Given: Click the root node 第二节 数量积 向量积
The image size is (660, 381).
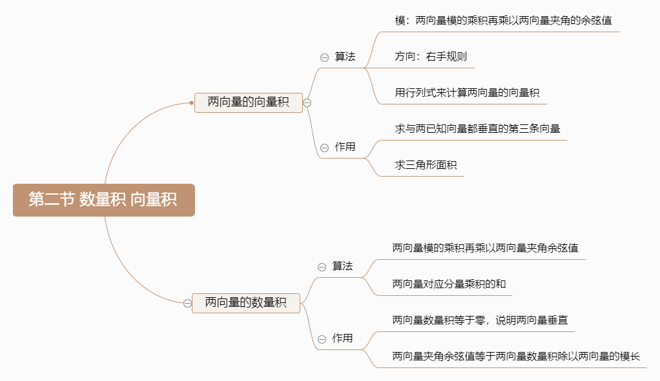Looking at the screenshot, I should [x=103, y=200].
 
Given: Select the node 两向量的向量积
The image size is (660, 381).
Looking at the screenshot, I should [x=249, y=102].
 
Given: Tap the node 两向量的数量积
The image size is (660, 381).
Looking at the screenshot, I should [x=246, y=302].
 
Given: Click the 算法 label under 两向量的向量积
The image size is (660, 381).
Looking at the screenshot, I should [x=345, y=57].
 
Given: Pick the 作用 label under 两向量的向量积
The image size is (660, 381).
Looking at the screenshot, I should [x=345, y=147].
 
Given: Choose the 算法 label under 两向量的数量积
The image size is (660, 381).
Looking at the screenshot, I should [x=343, y=266].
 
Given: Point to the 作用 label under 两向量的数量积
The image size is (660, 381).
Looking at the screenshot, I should [x=343, y=338].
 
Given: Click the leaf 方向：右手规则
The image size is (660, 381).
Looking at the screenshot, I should [x=431, y=57].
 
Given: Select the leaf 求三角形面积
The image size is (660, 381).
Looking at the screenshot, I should [x=426, y=165].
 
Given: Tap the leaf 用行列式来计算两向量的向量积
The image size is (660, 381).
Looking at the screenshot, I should [x=468, y=93].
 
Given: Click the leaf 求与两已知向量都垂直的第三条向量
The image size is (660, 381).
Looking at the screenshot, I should [x=478, y=129].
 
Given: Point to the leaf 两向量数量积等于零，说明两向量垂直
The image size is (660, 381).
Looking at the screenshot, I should [x=480, y=320].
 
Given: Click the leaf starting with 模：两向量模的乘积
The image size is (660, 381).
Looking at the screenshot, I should [x=504, y=21].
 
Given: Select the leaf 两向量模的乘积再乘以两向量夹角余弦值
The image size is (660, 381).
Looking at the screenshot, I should [x=486, y=248].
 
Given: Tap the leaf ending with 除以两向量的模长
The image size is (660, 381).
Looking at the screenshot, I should [x=517, y=356].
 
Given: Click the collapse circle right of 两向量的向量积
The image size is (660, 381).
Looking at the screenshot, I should [x=307, y=103].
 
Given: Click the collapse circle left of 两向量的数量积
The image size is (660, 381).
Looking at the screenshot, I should [x=187, y=302].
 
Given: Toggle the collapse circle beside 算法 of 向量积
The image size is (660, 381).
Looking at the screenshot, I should [x=324, y=57].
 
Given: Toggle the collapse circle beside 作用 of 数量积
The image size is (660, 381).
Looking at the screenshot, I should [x=322, y=339].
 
